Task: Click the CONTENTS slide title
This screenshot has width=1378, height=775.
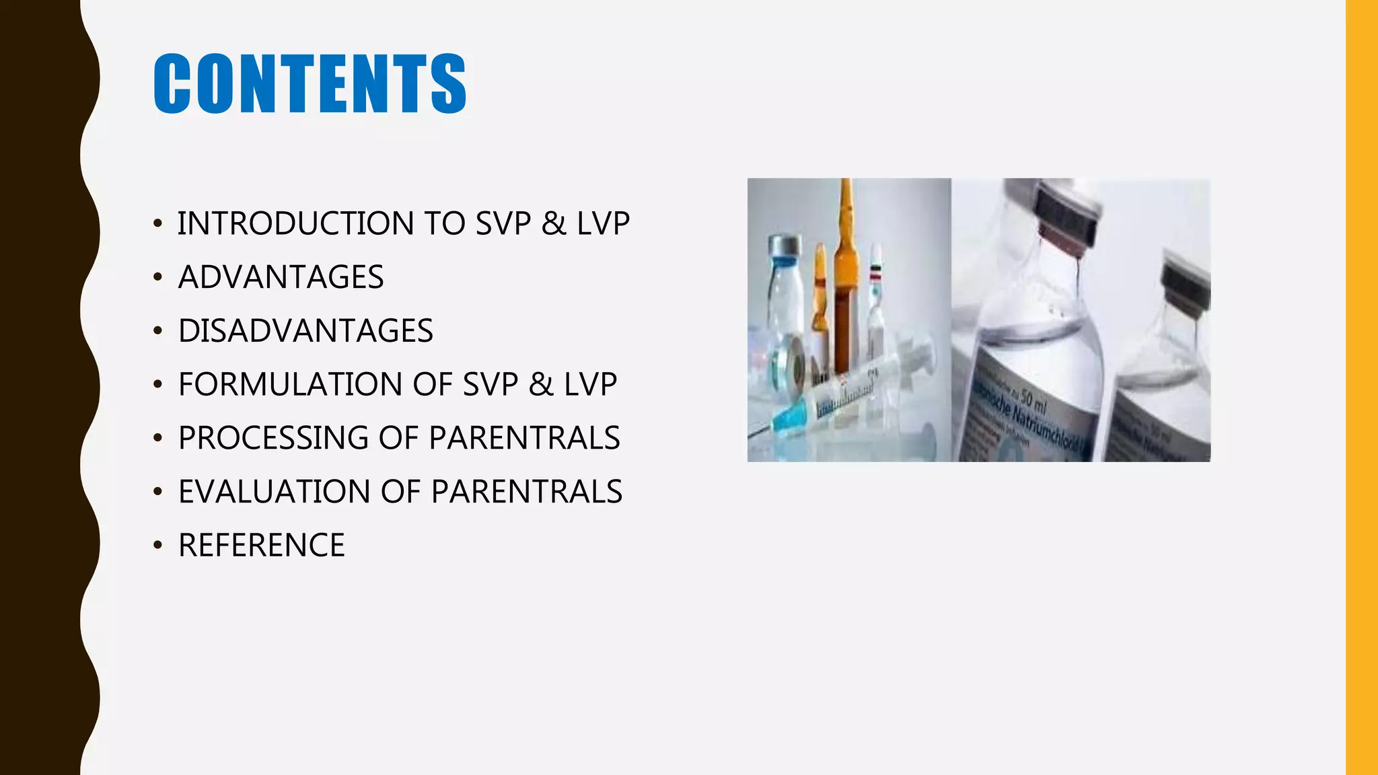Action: point(310,83)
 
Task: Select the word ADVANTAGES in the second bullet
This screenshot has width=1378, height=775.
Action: point(281,277)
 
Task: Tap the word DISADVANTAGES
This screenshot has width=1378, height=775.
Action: point(305,331)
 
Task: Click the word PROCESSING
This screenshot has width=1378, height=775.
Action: point(273,438)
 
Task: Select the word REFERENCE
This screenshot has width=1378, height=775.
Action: point(261,546)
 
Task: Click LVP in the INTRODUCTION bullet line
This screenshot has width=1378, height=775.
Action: point(603,223)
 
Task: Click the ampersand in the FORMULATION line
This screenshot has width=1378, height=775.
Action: point(541,384)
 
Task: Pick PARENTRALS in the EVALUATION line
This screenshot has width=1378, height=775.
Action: point(526,492)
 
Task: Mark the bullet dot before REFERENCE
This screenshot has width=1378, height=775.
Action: point(157,546)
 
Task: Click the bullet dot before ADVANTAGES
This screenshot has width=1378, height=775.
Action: point(157,277)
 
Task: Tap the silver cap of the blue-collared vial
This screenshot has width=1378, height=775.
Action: point(785,246)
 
